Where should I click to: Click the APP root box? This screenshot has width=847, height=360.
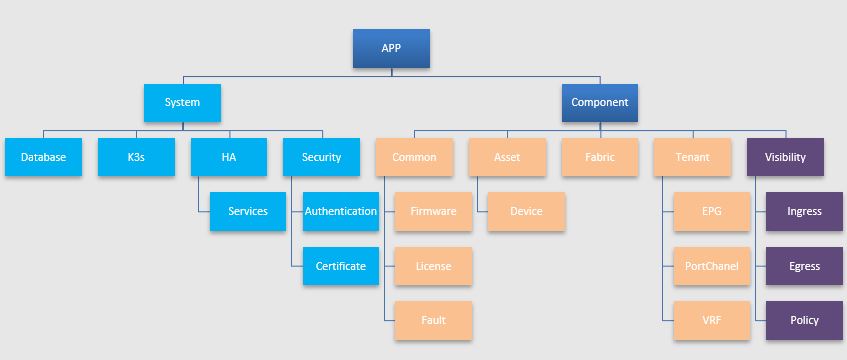tap(391, 48)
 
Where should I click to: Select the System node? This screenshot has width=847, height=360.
tap(181, 102)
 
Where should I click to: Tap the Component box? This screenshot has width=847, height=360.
tap(599, 102)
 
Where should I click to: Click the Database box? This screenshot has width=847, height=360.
tap(43, 157)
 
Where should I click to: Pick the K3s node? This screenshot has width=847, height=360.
tap(136, 157)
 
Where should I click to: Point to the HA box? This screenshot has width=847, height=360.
tap(228, 157)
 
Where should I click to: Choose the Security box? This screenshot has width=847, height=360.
tap(321, 157)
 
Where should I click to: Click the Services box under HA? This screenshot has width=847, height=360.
tap(247, 211)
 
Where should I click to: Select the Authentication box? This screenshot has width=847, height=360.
tap(340, 211)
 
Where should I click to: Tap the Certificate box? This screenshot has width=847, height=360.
tap(340, 266)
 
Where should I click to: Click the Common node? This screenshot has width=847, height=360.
tap(414, 157)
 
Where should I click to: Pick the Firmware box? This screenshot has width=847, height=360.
tap(433, 211)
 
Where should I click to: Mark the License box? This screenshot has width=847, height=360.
tap(433, 266)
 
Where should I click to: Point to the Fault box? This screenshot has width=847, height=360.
tap(433, 320)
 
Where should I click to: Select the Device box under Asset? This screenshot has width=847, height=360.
tap(526, 211)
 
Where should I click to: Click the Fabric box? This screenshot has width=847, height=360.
tap(599, 157)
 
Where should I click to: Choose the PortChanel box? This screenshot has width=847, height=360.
tap(711, 266)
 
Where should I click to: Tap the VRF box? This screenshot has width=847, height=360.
tap(711, 320)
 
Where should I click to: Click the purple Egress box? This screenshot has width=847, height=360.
tap(804, 266)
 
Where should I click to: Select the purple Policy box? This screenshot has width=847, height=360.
tap(804, 320)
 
